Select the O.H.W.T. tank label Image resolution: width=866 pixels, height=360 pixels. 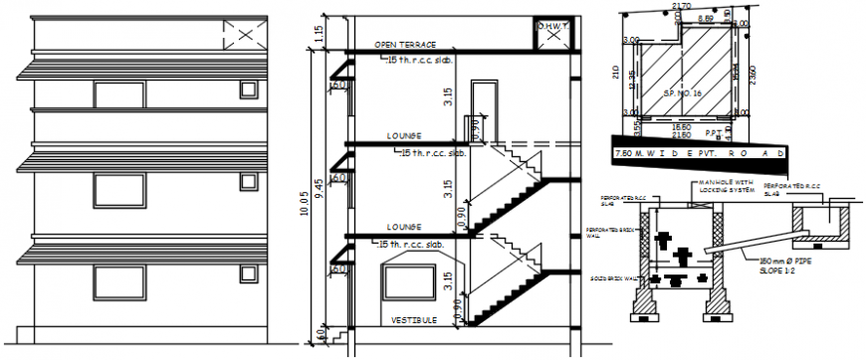click(x=552, y=28)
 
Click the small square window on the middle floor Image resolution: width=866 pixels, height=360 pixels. click(x=247, y=182)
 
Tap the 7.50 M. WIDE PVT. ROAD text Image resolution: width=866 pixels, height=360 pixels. click(x=697, y=153)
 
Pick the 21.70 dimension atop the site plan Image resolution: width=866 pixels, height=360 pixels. click(x=682, y=7)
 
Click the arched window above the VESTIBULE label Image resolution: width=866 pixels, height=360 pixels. click(x=411, y=278)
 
